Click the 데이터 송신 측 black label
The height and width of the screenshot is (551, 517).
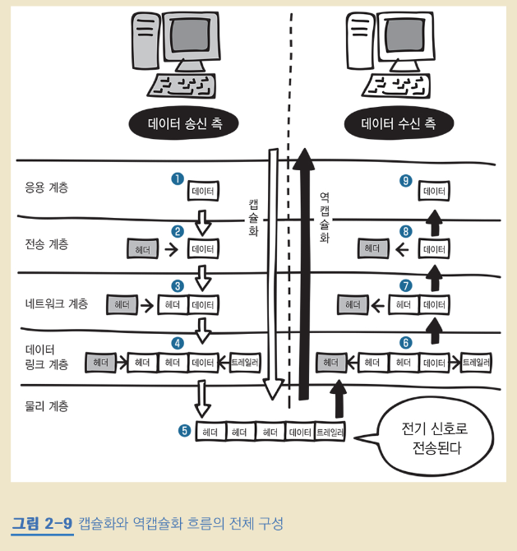point(185,124)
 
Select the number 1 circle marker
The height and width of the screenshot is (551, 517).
point(176,178)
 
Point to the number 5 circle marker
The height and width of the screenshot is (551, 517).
point(184,430)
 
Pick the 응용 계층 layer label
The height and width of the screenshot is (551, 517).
point(47,188)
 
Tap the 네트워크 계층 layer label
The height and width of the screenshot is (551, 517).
point(56,303)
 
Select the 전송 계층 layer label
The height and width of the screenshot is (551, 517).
point(47,244)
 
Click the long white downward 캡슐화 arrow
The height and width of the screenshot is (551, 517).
point(274,271)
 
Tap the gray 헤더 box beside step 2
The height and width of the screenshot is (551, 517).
point(141,248)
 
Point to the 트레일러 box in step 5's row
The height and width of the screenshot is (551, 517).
point(330,432)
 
